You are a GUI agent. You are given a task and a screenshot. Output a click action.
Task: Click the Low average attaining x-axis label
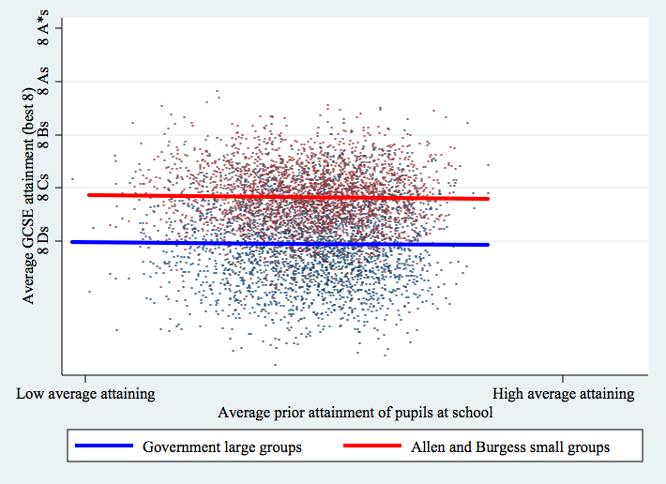tap(85, 394)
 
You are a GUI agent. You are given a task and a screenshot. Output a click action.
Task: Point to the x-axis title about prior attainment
tap(356, 413)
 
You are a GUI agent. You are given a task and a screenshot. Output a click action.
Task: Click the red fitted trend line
tap(281, 197)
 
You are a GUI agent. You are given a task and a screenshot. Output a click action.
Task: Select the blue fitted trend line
tap(281, 244)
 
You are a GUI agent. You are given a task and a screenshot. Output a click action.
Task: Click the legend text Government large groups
tap(222, 447)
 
